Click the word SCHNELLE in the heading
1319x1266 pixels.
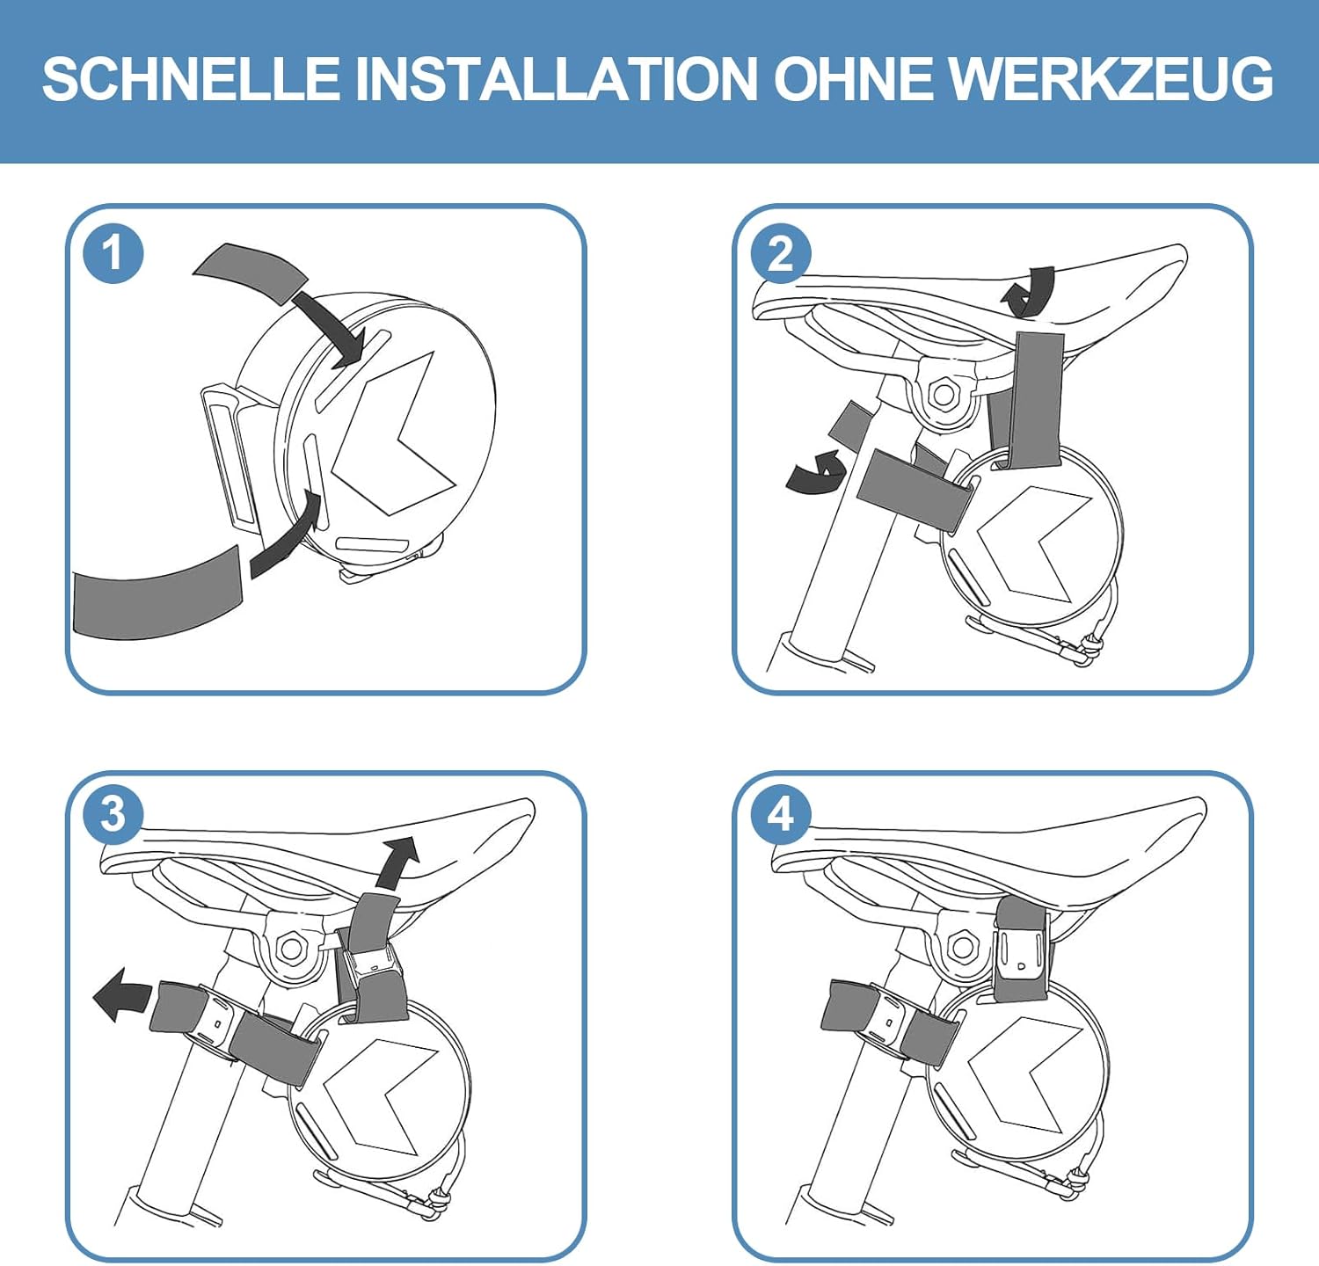tap(191, 78)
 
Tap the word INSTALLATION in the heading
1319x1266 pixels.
tap(556, 78)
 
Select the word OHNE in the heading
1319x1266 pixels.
tap(852, 78)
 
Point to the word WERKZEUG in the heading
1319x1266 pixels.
tap(1111, 78)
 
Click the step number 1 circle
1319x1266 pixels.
tap(113, 253)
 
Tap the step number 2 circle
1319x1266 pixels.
tap(781, 253)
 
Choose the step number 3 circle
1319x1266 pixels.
tap(113, 814)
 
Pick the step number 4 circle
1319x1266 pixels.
tap(781, 814)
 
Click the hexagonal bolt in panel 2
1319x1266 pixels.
tap(944, 394)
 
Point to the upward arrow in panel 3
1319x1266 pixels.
tap(397, 862)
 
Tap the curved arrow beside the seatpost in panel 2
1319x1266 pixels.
tap(816, 472)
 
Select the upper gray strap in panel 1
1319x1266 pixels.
tap(251, 272)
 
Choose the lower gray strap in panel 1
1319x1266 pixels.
tap(156, 592)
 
